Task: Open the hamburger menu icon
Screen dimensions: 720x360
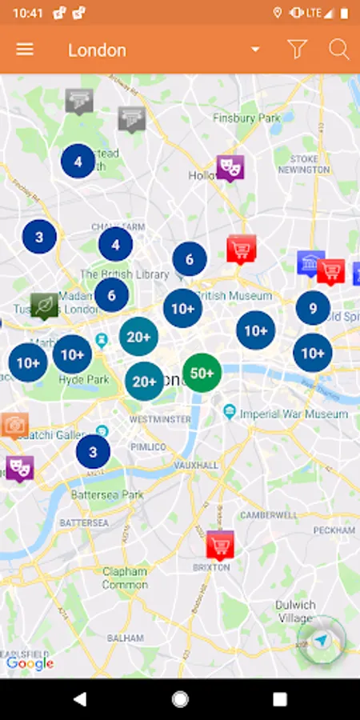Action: point(25,50)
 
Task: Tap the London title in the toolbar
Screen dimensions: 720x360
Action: point(97,50)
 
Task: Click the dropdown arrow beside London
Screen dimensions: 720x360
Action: point(255,50)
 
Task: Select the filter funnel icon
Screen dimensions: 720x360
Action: point(298,50)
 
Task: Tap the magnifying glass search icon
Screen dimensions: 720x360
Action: point(339,50)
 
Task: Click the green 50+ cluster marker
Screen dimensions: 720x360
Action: point(202,373)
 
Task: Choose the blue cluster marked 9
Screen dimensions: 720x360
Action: point(313,308)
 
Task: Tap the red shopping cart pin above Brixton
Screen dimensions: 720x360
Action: point(220,545)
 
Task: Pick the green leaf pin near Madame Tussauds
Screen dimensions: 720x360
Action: point(44,305)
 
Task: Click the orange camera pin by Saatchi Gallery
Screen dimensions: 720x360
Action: point(14,425)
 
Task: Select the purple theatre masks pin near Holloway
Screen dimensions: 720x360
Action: point(230,167)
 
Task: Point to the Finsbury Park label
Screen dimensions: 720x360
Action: point(248,118)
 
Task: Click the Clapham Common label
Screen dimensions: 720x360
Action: point(125,578)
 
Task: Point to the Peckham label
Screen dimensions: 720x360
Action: point(334,530)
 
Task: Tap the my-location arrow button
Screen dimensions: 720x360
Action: point(321,641)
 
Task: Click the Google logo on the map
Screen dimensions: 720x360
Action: point(30,662)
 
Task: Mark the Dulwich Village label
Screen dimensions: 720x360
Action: point(295,612)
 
